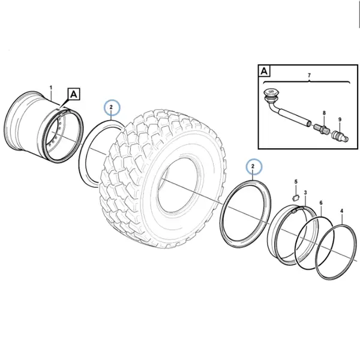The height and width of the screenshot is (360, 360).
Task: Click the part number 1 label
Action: coord(51,88)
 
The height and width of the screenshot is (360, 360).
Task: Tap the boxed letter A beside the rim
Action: coord(73,94)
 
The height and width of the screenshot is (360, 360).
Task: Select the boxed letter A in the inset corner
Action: coord(264,71)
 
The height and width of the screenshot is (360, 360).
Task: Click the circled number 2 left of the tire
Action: coord(112,107)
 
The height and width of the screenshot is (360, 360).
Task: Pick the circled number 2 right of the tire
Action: coord(253,166)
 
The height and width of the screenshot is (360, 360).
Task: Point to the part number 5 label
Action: coord(296,182)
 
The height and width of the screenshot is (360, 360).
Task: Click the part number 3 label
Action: coord(305,193)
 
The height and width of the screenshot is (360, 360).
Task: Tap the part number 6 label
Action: coord(321,203)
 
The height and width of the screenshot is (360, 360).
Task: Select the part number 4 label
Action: coord(342,211)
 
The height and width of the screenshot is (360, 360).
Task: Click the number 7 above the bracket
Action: coord(309,75)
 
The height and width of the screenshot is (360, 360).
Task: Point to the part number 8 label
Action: coord(324,113)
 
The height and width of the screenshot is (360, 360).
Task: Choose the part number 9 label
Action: coord(340,119)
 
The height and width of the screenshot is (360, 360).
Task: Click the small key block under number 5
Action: coord(295,197)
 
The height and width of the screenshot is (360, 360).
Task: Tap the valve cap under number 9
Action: coord(340,136)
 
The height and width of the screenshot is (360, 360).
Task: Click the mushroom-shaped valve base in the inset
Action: coord(271,94)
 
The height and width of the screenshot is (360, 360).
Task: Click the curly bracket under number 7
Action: coord(307,82)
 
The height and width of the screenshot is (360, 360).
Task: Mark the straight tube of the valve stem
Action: coord(295,118)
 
